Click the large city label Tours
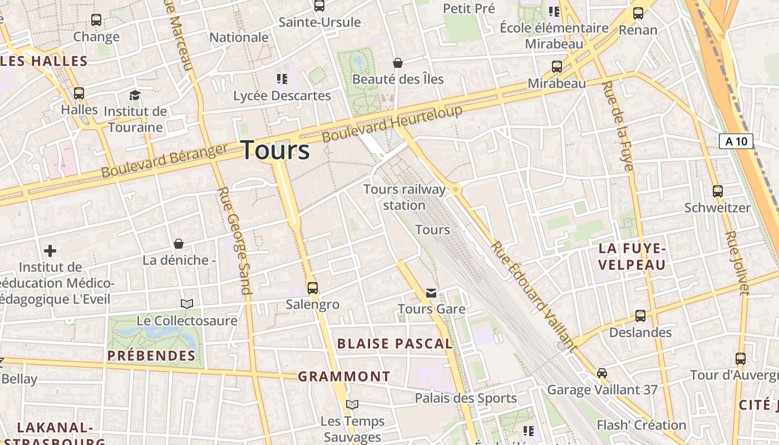[x=275, y=150]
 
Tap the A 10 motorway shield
[x=736, y=141]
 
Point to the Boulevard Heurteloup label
[x=392, y=123]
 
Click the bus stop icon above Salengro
[x=313, y=288]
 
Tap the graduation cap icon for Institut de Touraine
[x=135, y=95]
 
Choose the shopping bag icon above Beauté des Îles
[x=397, y=63]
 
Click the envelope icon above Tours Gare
[x=431, y=293]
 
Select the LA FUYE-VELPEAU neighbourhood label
[x=632, y=256]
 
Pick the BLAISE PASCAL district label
[x=395, y=343]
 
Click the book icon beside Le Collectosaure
[x=187, y=304]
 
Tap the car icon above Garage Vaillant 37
[x=601, y=373]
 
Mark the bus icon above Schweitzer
[x=717, y=191]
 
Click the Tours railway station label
[x=405, y=197]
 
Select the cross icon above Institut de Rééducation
[x=50, y=251]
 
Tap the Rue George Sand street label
[x=235, y=240]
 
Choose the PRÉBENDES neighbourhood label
[x=151, y=355]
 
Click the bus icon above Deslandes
[x=640, y=316]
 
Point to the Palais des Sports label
[x=466, y=398]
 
